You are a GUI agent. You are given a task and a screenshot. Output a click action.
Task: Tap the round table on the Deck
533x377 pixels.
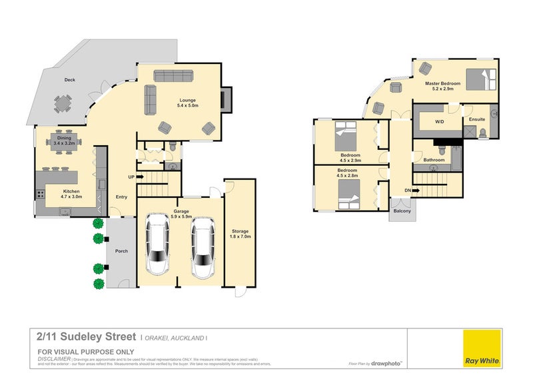(x=63, y=104)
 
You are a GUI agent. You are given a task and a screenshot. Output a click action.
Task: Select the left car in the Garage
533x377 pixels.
(x=158, y=244)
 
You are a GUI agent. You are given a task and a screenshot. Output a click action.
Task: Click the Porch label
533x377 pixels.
(x=121, y=251)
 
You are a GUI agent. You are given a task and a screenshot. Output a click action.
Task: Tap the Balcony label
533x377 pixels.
(x=402, y=211)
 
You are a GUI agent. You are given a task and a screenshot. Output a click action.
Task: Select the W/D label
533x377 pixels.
(x=439, y=122)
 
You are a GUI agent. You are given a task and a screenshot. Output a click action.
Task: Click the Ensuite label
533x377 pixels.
(x=476, y=119)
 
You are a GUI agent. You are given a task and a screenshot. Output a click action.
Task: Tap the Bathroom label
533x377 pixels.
(x=434, y=160)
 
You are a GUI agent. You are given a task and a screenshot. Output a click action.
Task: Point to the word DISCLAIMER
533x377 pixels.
(x=54, y=358)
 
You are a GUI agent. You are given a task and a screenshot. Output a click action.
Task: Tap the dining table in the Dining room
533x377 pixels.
(x=64, y=141)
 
